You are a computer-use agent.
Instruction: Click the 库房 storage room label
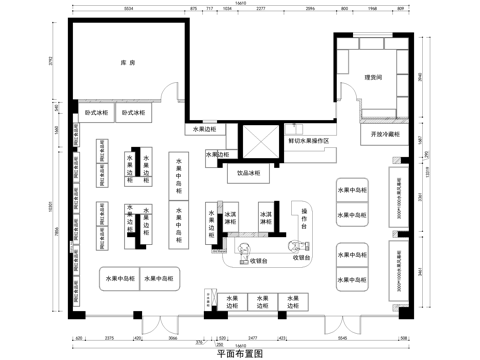pyautogui.click(x=127, y=62)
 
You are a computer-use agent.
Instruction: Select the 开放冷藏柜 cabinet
pyautogui.click(x=385, y=133)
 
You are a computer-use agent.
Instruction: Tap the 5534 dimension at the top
pyautogui.click(x=129, y=9)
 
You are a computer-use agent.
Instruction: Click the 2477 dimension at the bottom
pyautogui.click(x=254, y=340)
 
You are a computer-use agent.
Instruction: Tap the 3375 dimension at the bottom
pyautogui.click(x=110, y=340)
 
